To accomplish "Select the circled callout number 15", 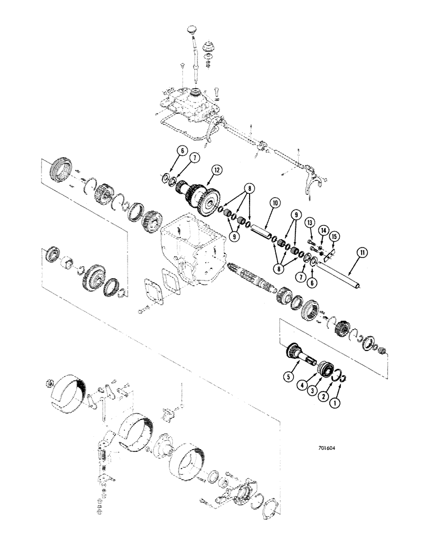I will [x=334, y=237].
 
